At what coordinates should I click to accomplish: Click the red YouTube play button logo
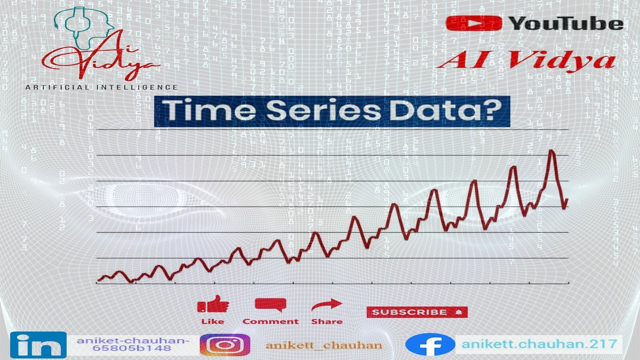[474, 23]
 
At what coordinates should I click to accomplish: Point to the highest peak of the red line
[551, 150]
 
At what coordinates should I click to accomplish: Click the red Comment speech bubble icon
[270, 304]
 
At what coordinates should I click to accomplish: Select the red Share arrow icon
[326, 304]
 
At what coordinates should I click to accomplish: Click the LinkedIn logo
[38, 345]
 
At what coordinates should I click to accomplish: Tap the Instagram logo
[225, 345]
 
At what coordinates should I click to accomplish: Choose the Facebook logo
[429, 345]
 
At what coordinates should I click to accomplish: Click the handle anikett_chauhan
[324, 345]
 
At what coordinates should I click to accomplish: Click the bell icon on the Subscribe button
[458, 312]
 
